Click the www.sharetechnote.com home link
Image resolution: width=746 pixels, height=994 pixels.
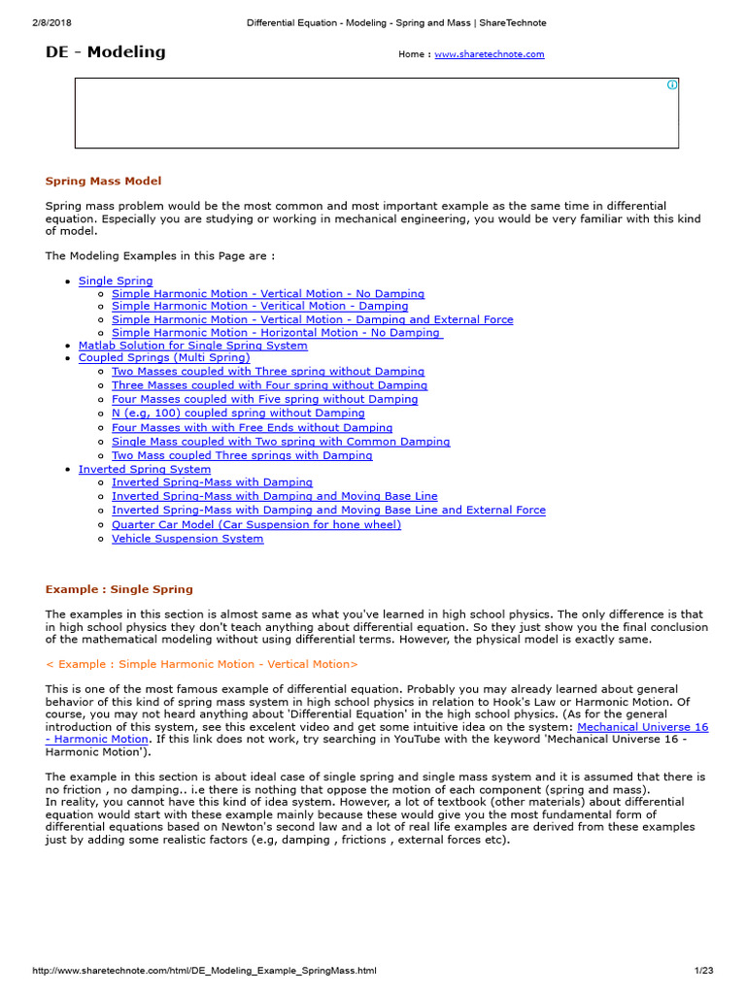(489, 54)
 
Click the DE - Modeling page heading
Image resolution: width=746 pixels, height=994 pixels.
(106, 52)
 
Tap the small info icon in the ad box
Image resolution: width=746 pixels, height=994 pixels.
(671, 85)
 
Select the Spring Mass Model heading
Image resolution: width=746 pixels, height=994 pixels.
(104, 181)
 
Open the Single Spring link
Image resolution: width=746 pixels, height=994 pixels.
(116, 281)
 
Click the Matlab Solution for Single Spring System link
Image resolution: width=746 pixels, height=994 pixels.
(193, 345)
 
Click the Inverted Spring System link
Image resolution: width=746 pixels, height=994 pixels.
(145, 469)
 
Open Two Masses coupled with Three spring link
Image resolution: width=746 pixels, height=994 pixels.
(268, 371)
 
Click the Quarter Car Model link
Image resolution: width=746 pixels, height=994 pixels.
(256, 524)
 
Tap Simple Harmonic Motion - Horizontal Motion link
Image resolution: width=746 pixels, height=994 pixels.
(277, 332)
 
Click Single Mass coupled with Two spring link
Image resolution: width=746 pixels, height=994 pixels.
(281, 441)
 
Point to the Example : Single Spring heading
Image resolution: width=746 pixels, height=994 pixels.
(119, 589)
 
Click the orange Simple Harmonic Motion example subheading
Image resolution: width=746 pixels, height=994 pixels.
(202, 664)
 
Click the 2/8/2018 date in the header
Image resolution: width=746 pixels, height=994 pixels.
(55, 22)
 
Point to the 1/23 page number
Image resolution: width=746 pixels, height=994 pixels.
(704, 970)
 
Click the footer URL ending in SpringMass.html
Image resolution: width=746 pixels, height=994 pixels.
(205, 970)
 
